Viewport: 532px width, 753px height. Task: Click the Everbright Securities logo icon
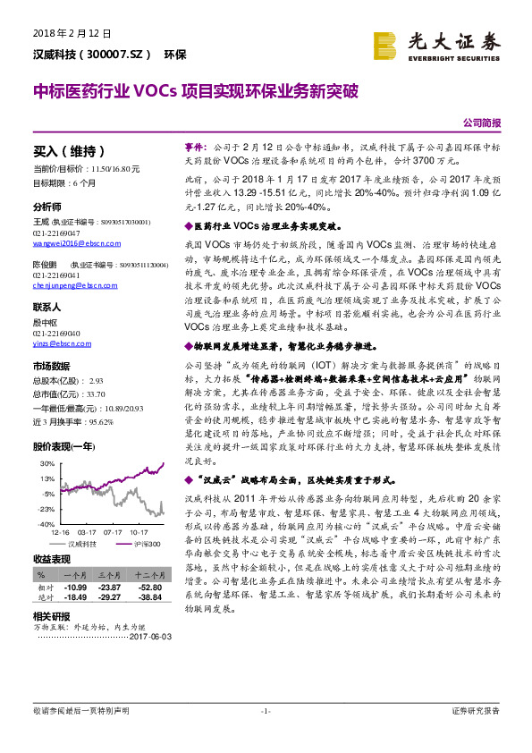coord(386,45)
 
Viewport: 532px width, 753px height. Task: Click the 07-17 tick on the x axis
coord(112,531)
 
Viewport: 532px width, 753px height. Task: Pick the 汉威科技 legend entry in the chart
coord(83,544)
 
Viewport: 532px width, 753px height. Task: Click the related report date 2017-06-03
coord(149,636)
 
